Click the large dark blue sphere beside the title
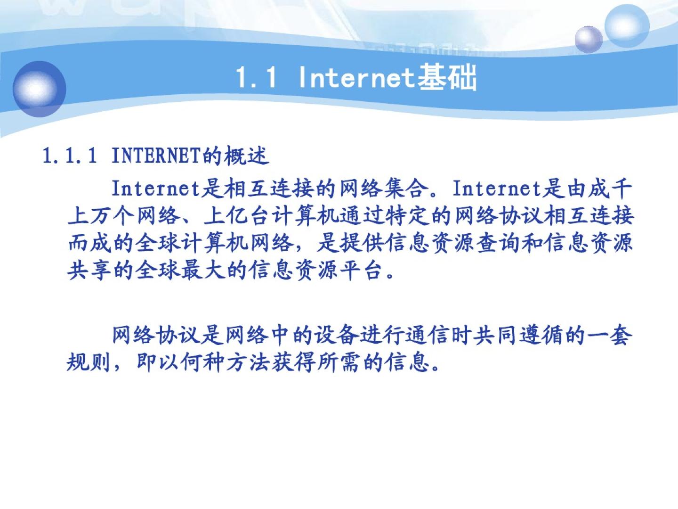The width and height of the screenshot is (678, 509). (x=39, y=89)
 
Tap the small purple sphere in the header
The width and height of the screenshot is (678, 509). (x=589, y=39)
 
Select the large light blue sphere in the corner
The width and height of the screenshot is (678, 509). (x=627, y=26)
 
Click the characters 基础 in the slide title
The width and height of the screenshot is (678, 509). (x=447, y=77)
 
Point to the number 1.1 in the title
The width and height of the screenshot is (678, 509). (x=256, y=77)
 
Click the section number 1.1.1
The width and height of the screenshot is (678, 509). (x=70, y=156)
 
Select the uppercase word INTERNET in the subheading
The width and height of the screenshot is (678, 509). (x=156, y=156)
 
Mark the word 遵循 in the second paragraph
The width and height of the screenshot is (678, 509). (x=541, y=335)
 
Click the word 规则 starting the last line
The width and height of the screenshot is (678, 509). (x=89, y=362)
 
